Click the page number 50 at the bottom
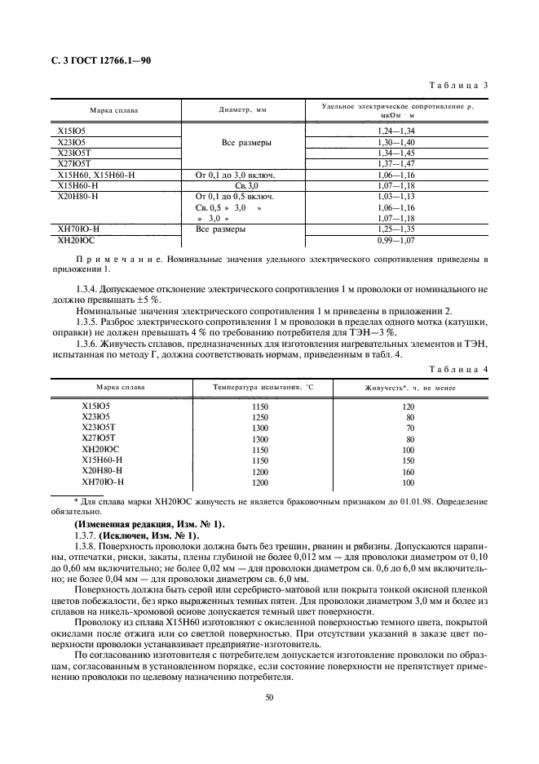coord(269,696)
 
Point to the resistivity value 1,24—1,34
coord(396,131)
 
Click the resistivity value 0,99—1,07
coord(396,242)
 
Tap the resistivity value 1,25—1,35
coord(396,230)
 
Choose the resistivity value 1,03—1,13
coord(396,197)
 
